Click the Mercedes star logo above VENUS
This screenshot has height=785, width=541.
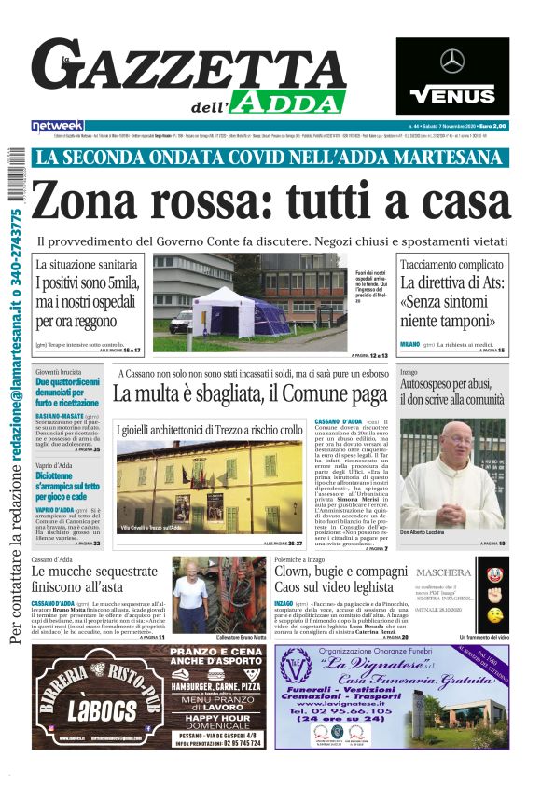tap(452, 62)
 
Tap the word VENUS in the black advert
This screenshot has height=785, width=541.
tap(452, 95)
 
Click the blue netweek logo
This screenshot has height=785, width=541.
tap(58, 125)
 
